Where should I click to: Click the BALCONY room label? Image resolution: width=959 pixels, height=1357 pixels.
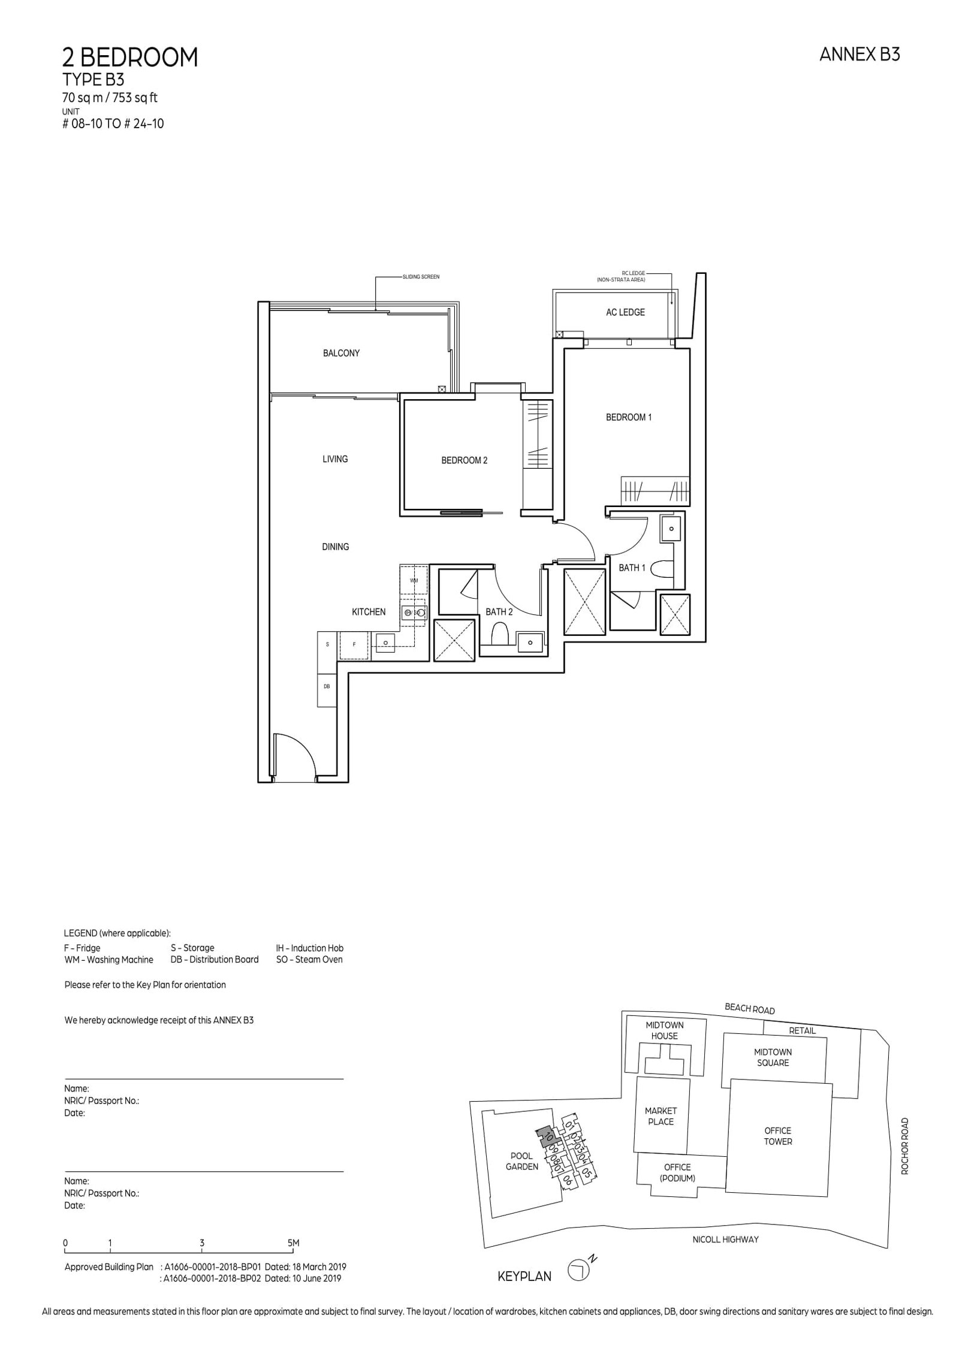(x=341, y=353)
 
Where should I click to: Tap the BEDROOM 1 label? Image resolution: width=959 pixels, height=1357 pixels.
(x=628, y=417)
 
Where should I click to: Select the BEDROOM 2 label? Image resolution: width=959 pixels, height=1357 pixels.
(x=464, y=460)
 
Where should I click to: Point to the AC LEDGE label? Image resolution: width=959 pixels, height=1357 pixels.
(x=625, y=312)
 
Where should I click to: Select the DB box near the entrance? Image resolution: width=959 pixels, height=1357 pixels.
(x=327, y=686)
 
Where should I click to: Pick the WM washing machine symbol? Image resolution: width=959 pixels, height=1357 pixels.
(x=414, y=580)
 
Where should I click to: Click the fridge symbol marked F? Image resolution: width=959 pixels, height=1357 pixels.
(x=354, y=644)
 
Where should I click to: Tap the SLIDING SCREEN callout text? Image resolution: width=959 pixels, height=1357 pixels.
(x=422, y=277)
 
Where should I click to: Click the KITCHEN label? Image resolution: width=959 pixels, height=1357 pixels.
(x=369, y=612)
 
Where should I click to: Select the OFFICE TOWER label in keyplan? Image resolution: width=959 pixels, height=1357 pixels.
(x=777, y=1136)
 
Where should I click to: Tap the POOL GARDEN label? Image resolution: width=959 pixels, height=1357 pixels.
(x=521, y=1161)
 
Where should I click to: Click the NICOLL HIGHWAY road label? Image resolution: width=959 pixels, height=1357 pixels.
(x=725, y=1240)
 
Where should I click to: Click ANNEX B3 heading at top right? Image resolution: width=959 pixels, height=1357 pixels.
(x=859, y=55)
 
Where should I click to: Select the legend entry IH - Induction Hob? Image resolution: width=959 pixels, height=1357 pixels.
(x=309, y=948)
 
